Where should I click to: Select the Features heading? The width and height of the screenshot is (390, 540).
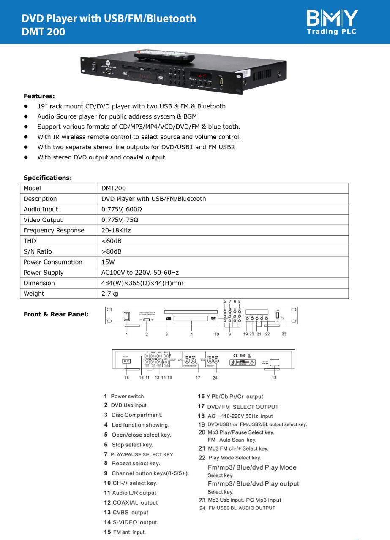click(39, 96)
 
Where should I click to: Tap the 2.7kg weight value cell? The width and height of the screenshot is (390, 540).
click(110, 294)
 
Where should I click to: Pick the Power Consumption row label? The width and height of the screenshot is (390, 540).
click(53, 262)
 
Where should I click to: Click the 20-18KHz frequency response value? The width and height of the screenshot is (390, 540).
click(116, 230)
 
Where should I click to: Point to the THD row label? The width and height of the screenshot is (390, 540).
click(30, 241)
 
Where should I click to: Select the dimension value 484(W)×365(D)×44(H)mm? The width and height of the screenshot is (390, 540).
click(142, 283)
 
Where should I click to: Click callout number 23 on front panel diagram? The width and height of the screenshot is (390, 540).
click(284, 334)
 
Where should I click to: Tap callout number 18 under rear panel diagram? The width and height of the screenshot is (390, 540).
click(274, 378)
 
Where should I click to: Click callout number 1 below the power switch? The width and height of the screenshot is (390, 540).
click(126, 334)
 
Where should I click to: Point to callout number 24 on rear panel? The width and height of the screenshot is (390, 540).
click(215, 378)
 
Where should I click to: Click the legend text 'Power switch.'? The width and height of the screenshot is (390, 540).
click(128, 397)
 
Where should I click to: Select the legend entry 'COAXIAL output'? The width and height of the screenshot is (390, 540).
click(135, 503)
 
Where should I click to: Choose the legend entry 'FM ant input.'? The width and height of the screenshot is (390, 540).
click(129, 532)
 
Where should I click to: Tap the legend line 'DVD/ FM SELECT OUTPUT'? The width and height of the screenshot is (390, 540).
click(243, 407)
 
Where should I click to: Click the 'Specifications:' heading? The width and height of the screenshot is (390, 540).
click(47, 178)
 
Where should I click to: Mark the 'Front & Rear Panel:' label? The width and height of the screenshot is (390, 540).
click(56, 314)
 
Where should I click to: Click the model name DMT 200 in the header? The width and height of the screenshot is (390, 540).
click(44, 31)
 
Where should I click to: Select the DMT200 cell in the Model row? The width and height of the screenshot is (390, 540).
click(114, 188)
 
